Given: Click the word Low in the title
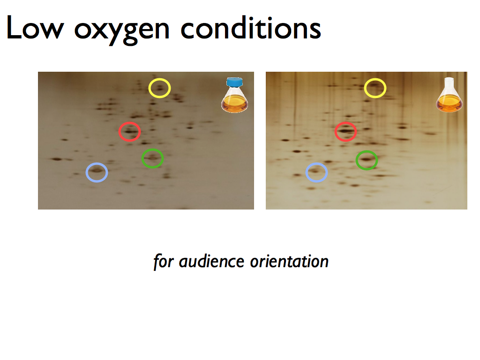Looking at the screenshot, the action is [35, 28].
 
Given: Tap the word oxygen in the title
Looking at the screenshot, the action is [121, 30].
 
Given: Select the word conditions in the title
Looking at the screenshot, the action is [251, 28].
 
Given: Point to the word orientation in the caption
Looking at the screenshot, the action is [289, 262].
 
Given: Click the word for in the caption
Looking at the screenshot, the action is [164, 262].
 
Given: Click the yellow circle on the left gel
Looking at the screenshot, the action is [159, 80].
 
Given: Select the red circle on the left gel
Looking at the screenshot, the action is [129, 123].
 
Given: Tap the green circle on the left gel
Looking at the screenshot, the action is [152, 150].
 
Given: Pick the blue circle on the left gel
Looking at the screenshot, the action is [97, 164].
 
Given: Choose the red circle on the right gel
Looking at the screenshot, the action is [345, 123].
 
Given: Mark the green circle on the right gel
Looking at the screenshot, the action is [367, 151].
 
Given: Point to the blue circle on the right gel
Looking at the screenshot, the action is [316, 164].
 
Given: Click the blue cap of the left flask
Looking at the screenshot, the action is [234, 82].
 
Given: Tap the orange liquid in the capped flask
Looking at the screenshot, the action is [234, 104].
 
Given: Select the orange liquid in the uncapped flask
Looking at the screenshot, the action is [449, 104].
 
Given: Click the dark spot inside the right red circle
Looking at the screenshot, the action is [345, 131].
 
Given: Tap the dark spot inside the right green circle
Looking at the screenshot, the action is [367, 159].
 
